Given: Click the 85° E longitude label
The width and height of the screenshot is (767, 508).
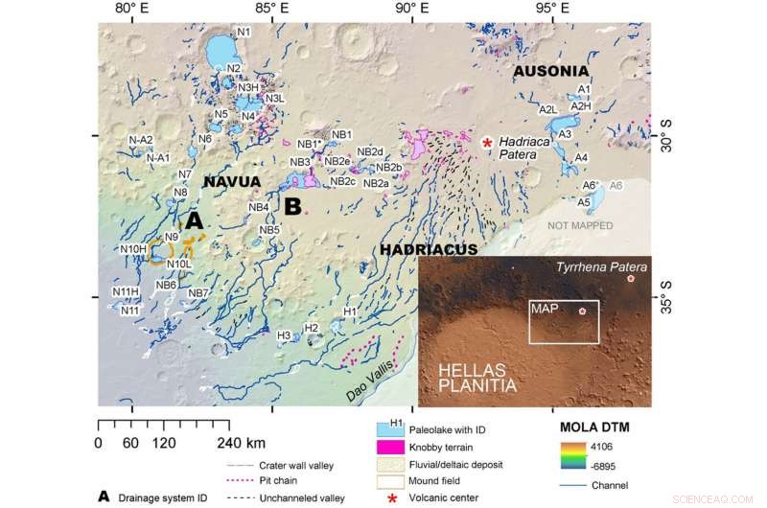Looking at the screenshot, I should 271,9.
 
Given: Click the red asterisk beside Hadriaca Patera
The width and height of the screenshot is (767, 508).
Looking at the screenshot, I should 487,142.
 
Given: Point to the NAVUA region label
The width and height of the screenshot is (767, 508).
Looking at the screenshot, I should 231,180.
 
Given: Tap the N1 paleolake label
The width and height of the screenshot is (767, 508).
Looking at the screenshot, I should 244,33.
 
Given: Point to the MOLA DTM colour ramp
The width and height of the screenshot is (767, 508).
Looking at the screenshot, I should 571,458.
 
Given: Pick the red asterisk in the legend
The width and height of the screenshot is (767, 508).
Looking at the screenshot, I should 391,497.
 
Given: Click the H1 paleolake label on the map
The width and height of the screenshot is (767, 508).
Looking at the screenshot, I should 350,312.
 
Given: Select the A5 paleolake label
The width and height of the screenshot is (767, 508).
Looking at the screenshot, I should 583,202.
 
